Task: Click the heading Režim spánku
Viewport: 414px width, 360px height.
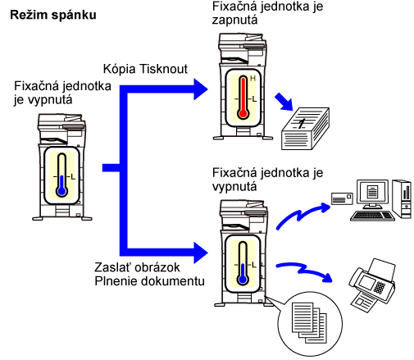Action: point(53,15)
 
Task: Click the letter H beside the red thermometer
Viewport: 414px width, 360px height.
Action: point(252,79)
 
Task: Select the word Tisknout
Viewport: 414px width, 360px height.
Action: point(163,69)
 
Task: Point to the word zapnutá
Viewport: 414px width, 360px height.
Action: point(235,21)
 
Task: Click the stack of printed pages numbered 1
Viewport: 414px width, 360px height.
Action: point(305,129)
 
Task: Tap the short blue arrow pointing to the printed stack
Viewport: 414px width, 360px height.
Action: point(284,102)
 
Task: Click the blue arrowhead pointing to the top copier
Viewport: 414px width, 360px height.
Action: point(201,89)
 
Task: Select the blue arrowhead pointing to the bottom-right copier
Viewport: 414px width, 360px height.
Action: point(201,253)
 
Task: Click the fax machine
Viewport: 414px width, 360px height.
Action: point(372,285)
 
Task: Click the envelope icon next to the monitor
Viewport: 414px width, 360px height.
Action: point(342,198)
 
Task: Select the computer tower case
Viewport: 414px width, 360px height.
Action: point(402,198)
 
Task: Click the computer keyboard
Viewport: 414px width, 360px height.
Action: point(372,216)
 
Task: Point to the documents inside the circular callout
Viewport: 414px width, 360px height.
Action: point(309,322)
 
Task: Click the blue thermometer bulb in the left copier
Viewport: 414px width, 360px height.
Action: point(62,191)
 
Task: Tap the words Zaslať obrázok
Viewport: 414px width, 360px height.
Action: point(137,267)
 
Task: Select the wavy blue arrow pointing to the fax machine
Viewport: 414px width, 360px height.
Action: point(303,271)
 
